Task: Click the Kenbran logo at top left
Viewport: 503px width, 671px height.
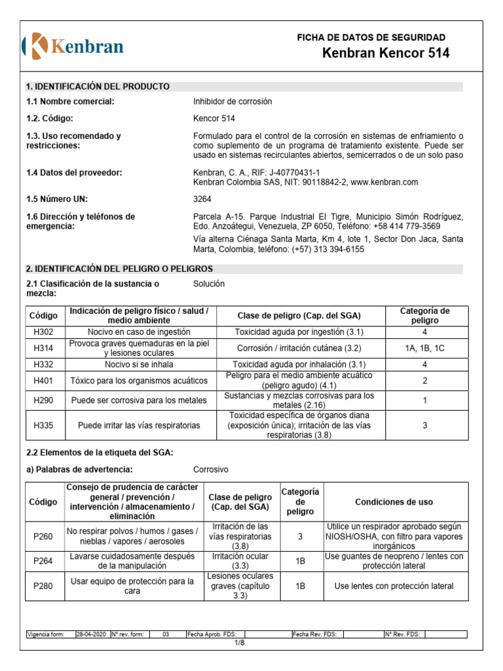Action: pyautogui.click(x=73, y=45)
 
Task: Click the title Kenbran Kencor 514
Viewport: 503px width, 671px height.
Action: pyautogui.click(x=386, y=54)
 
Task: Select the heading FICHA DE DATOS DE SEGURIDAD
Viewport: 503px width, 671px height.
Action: pyautogui.click(x=371, y=37)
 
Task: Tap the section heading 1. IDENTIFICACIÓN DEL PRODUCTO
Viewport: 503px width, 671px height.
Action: pyautogui.click(x=98, y=86)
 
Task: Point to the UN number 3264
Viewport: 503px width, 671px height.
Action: pyautogui.click(x=202, y=199)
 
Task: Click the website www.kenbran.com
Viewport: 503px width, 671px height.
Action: pyautogui.click(x=384, y=182)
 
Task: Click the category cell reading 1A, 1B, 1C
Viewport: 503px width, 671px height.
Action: pyautogui.click(x=424, y=349)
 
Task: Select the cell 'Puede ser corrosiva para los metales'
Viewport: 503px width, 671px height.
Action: pyautogui.click(x=138, y=400)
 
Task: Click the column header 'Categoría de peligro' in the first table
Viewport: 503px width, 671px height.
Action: pyautogui.click(x=424, y=316)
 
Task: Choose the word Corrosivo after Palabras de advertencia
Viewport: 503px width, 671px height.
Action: pyautogui.click(x=211, y=470)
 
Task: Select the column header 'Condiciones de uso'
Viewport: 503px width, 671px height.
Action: pyautogui.click(x=394, y=502)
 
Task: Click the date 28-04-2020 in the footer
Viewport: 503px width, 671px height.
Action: pyautogui.click(x=92, y=634)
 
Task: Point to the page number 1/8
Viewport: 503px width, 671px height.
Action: pyautogui.click(x=240, y=643)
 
